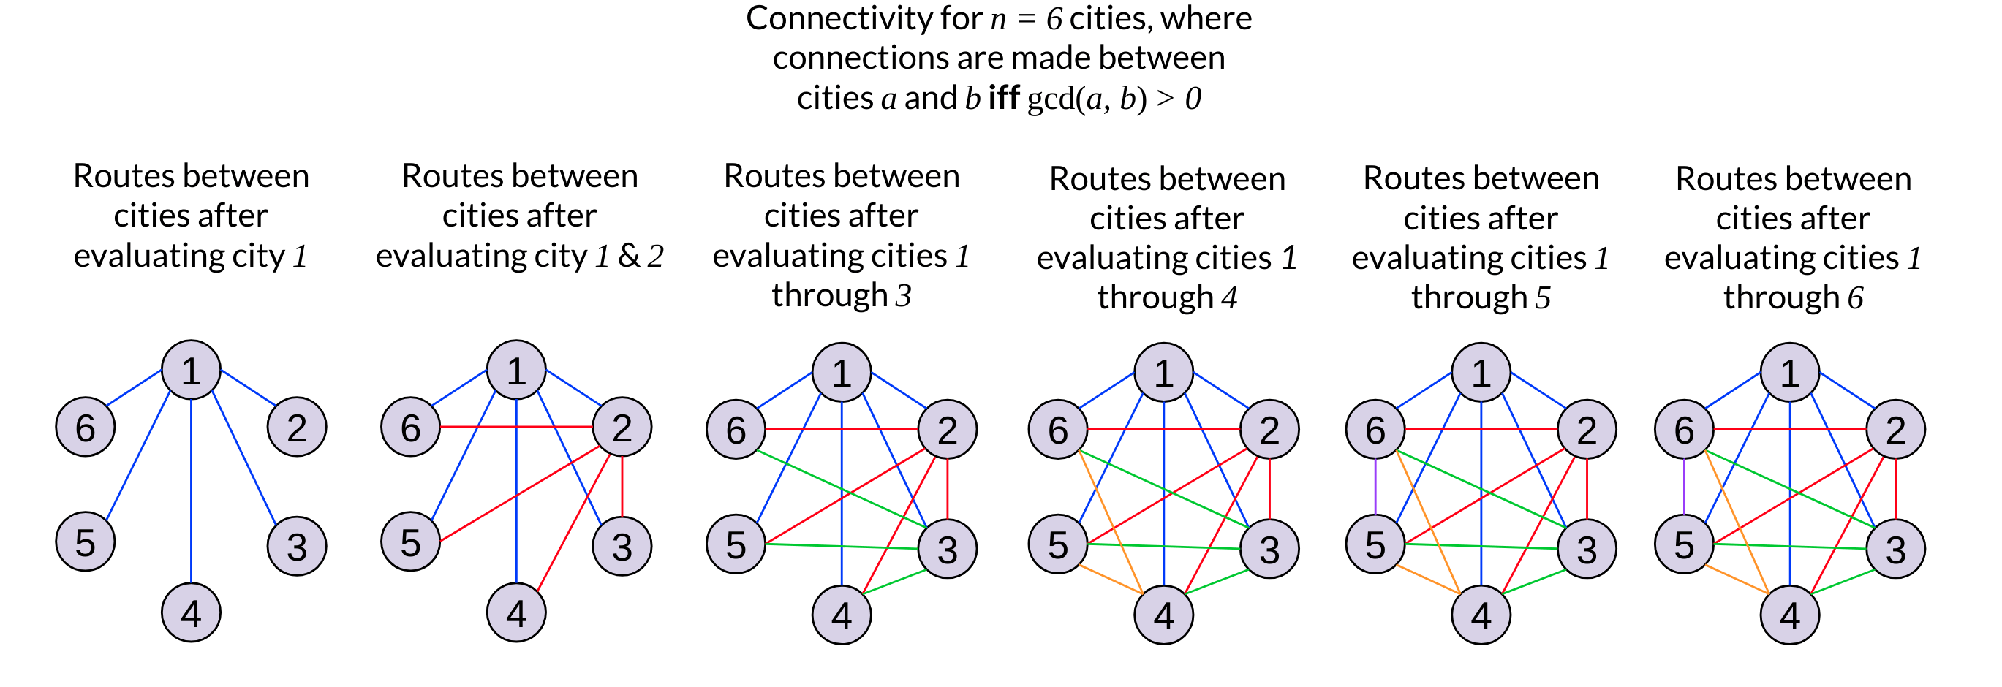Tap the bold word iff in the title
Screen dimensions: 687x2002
click(1003, 99)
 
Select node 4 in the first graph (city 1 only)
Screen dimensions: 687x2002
click(191, 612)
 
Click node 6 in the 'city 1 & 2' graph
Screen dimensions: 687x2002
click(410, 427)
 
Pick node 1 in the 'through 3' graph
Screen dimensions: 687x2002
click(842, 372)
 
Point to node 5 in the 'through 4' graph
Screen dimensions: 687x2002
click(1058, 544)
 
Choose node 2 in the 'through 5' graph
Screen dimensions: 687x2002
click(1587, 429)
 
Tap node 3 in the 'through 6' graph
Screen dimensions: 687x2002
click(1895, 549)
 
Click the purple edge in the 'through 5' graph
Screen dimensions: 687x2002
click(1375, 487)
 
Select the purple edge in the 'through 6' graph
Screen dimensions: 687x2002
click(1684, 487)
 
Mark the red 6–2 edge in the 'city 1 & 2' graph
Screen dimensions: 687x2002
click(516, 427)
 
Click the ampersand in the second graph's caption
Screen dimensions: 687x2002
click(628, 256)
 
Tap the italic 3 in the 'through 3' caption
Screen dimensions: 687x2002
click(903, 296)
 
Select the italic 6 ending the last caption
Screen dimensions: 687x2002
click(1855, 297)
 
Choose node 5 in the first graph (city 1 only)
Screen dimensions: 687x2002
click(86, 542)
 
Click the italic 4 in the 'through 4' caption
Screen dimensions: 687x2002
click(1228, 297)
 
